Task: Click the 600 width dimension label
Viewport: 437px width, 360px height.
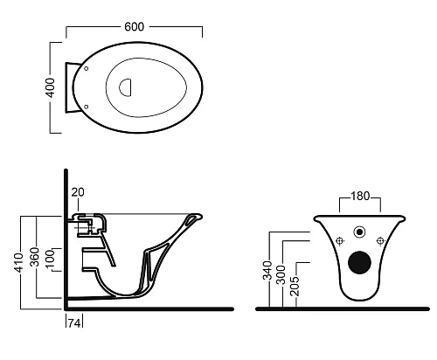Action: pos(134,27)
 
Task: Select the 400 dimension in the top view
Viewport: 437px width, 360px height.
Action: pos(51,87)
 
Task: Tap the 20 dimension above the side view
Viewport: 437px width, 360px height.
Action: pos(78,192)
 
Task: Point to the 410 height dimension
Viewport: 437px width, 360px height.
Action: pos(19,263)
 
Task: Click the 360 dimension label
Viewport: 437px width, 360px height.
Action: pos(35,257)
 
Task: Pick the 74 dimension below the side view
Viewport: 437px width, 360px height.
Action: pos(74,323)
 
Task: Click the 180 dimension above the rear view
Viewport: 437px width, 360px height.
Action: pos(360,197)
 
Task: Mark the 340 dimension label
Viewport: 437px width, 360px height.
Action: pos(267,270)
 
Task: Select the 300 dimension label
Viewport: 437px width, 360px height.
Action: pos(281,274)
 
